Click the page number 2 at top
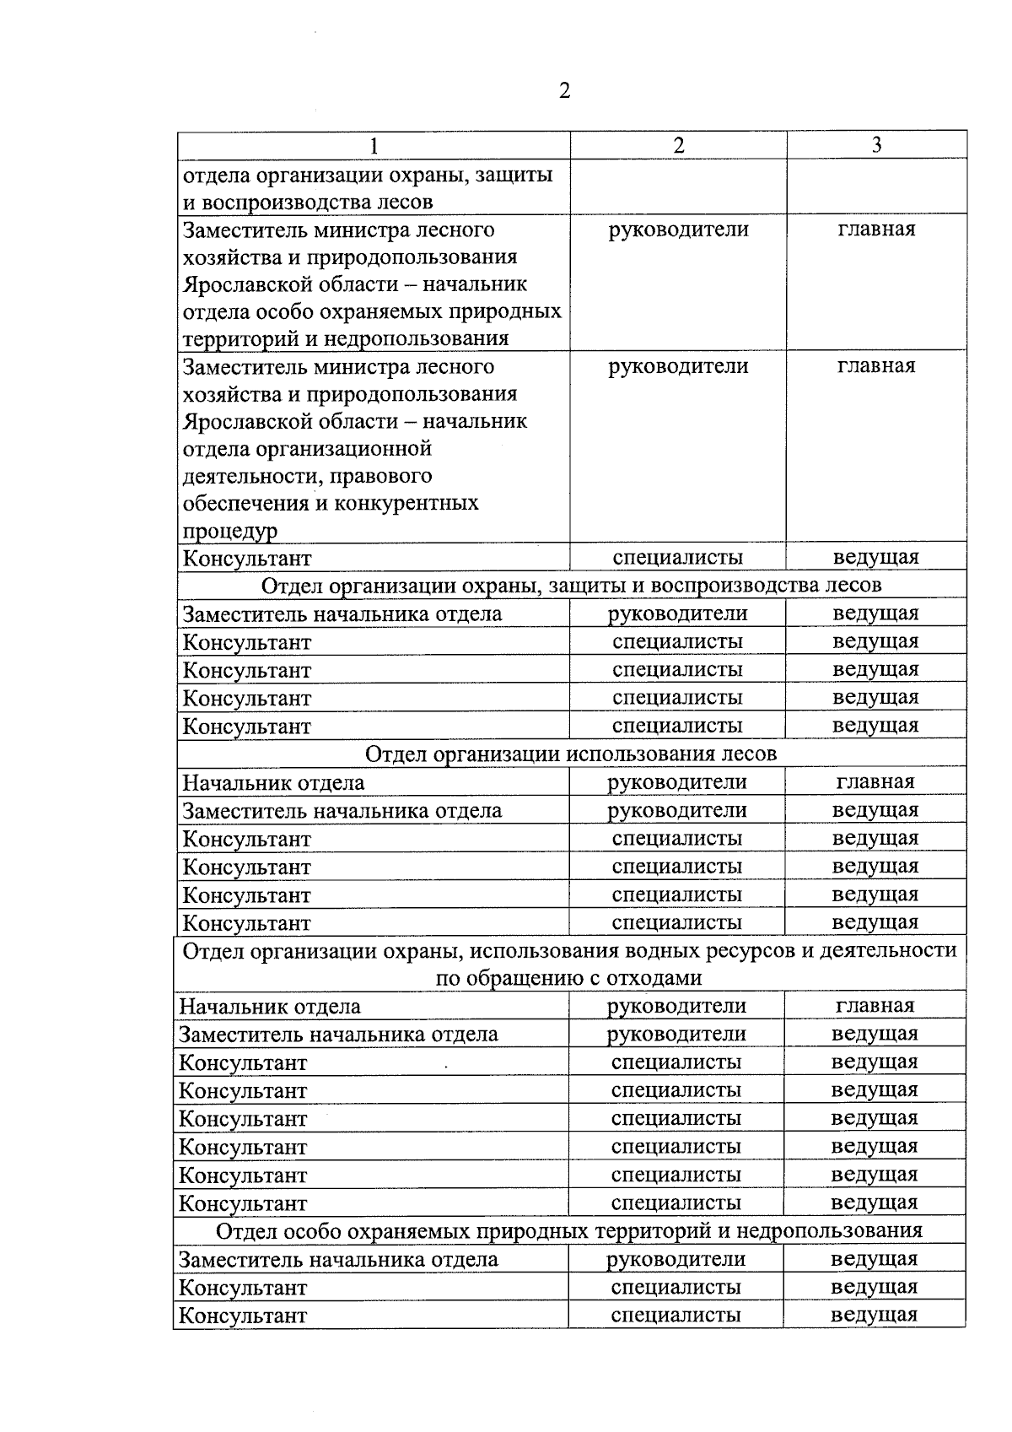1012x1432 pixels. [564, 91]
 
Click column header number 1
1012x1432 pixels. [373, 146]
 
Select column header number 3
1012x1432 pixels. [876, 145]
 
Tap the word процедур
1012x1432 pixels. [230, 532]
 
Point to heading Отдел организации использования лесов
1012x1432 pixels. [571, 753]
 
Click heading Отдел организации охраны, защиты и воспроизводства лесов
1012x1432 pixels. [571, 585]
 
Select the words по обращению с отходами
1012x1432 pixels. [568, 978]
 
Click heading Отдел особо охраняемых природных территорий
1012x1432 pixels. [568, 1230]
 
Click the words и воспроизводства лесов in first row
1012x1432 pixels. [308, 203]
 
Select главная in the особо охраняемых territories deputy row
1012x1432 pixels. [876, 230]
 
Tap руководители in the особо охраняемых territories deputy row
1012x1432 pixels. [678, 230]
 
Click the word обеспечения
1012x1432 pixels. [245, 504]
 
